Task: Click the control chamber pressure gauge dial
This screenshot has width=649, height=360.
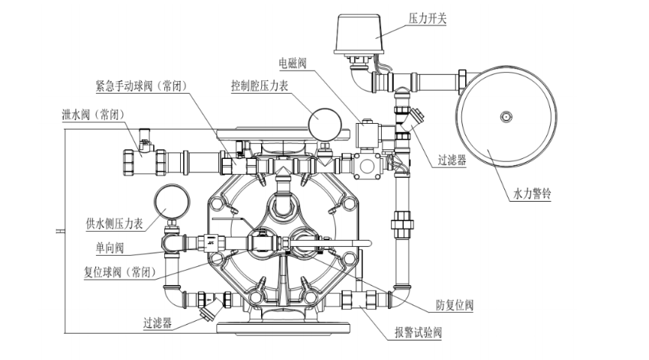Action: (x=322, y=120)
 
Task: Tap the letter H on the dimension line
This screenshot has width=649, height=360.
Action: (x=57, y=233)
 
